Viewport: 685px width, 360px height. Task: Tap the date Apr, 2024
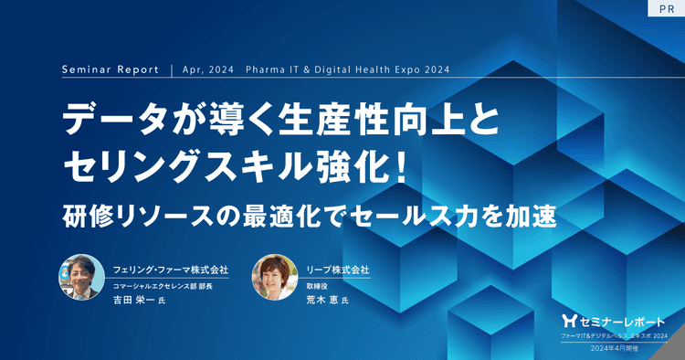208,69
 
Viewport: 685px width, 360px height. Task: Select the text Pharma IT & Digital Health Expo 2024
348,69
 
